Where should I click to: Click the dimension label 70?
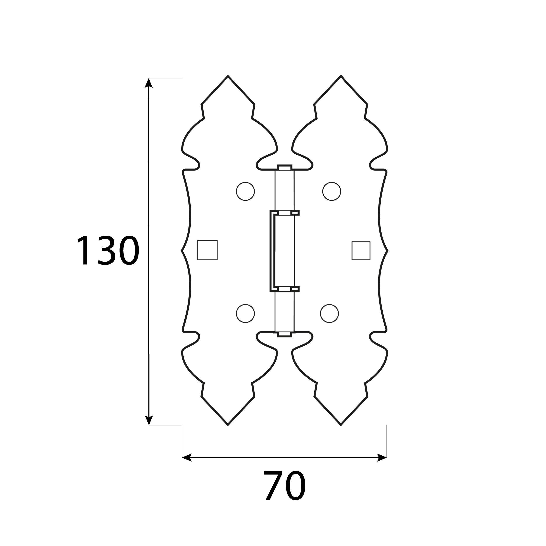[285, 485]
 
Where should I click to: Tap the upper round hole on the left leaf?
[245, 191]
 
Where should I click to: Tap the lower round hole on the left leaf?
[245, 313]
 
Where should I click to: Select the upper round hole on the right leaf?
[332, 191]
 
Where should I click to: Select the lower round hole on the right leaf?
[329, 313]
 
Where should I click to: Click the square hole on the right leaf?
[361, 251]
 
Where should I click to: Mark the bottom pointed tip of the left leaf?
[228, 425]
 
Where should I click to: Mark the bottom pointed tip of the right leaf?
[341, 425]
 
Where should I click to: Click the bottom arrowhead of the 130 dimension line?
[149, 420]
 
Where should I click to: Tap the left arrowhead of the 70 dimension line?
[187, 458]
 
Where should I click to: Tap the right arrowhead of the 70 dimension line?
[382, 458]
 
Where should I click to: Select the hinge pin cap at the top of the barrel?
[285, 168]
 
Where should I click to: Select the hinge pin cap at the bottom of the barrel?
[285, 334]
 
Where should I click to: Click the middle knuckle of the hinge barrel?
[285, 251]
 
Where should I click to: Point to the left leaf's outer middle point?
[182, 251]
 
